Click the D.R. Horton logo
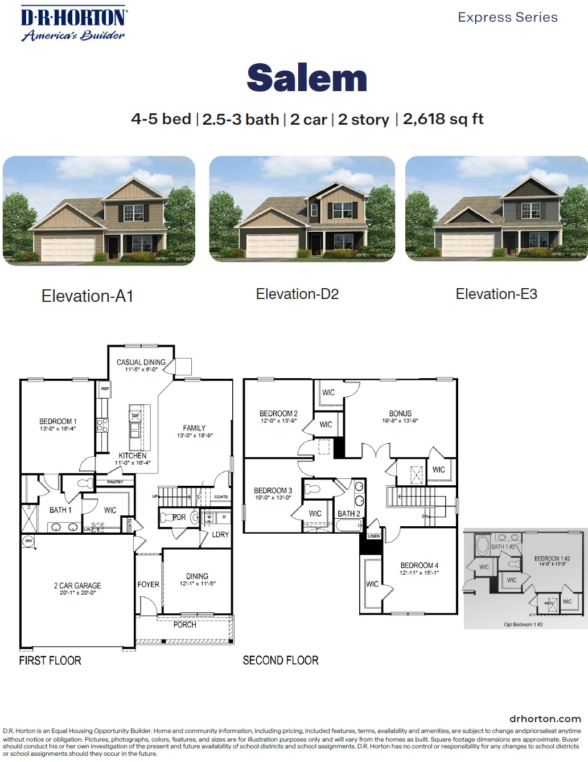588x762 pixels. tap(73, 24)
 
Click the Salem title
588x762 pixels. tap(307, 78)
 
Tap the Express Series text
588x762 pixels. tap(507, 17)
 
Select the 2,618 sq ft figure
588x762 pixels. tap(443, 119)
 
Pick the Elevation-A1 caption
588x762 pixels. tap(87, 296)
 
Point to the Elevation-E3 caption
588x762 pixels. tap(496, 294)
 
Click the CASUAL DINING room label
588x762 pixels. tap(141, 362)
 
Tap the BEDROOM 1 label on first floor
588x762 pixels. tap(57, 421)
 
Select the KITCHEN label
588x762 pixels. tap(133, 456)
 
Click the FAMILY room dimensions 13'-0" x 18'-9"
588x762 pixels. tap(195, 436)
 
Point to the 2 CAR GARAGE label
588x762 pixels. tap(77, 585)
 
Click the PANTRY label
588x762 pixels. tap(115, 482)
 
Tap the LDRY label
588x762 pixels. tap(220, 535)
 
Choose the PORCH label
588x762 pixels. tap(184, 625)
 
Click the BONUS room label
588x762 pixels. tap(400, 413)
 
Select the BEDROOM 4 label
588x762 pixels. tap(419, 566)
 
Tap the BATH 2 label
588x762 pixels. tap(348, 514)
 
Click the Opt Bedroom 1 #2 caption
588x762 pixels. tap(523, 624)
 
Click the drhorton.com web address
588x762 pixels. tap(545, 719)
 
